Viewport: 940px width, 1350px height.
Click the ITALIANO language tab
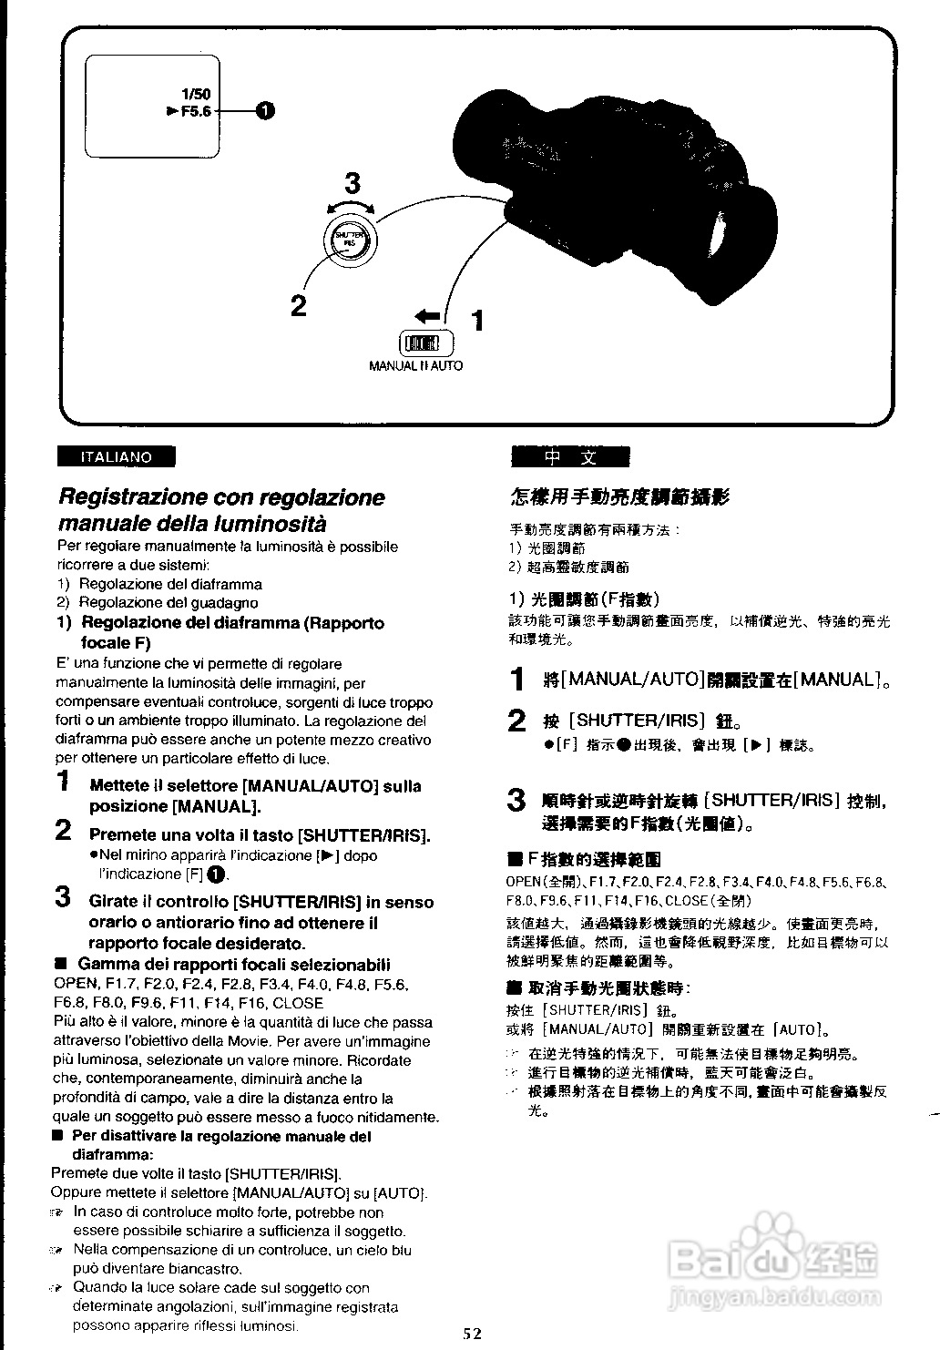pyautogui.click(x=116, y=457)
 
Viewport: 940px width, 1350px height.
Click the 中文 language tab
pyautogui.click(x=571, y=457)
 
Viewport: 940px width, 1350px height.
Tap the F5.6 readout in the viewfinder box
pyautogui.click(x=195, y=111)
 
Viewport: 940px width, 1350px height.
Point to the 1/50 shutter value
pyautogui.click(x=196, y=94)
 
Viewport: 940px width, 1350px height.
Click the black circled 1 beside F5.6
pyautogui.click(x=264, y=111)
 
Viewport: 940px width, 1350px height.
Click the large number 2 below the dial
pyautogui.click(x=299, y=305)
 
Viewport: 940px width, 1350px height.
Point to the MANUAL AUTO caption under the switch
pyautogui.click(x=415, y=366)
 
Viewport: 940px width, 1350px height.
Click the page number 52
pyautogui.click(x=471, y=1335)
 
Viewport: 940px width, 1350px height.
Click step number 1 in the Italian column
pyautogui.click(x=63, y=781)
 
